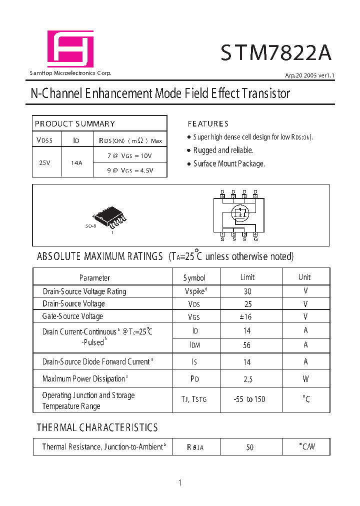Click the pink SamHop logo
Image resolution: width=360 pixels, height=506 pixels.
click(x=70, y=48)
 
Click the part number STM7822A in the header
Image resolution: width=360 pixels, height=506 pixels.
click(x=275, y=52)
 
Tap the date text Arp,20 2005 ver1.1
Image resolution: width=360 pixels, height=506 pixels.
click(x=309, y=75)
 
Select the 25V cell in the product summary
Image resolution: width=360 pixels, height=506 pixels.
click(x=44, y=162)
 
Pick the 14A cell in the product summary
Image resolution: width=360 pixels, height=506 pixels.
click(x=76, y=162)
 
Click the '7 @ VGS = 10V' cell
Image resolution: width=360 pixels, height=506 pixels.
click(x=129, y=155)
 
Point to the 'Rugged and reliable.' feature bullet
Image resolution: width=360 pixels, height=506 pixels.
click(x=223, y=150)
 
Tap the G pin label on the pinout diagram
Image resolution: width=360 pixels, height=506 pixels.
click(x=255, y=239)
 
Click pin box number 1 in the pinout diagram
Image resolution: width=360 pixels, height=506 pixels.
click(x=222, y=234)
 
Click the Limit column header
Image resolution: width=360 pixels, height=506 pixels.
click(x=247, y=277)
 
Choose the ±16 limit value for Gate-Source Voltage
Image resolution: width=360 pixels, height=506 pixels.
click(x=248, y=316)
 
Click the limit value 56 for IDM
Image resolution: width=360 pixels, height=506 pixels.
click(x=247, y=345)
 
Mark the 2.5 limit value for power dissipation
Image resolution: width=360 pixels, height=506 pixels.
click(x=248, y=379)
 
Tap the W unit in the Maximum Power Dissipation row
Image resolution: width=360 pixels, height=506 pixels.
click(x=305, y=379)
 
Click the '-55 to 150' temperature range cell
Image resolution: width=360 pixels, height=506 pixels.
click(x=249, y=399)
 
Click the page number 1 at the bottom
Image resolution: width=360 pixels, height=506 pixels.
click(x=180, y=482)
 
